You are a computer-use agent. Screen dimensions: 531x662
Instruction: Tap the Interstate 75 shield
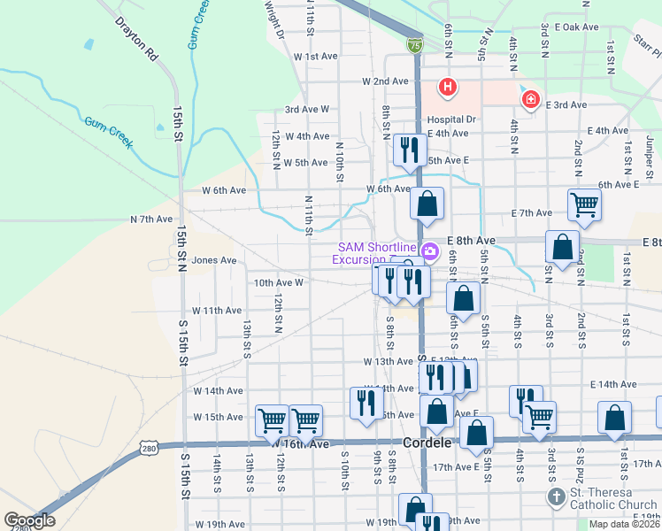point(413,43)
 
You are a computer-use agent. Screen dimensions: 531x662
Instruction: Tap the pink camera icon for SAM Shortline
point(429,251)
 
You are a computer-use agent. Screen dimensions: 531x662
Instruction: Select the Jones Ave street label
point(214,260)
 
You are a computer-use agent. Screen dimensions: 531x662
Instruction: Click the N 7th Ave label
point(151,219)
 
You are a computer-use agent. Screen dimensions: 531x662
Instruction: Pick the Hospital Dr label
point(451,119)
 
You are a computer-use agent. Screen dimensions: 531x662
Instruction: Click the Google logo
point(29,520)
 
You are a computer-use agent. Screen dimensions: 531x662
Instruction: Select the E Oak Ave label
point(578,27)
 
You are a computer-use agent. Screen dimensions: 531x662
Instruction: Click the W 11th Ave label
point(217,311)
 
